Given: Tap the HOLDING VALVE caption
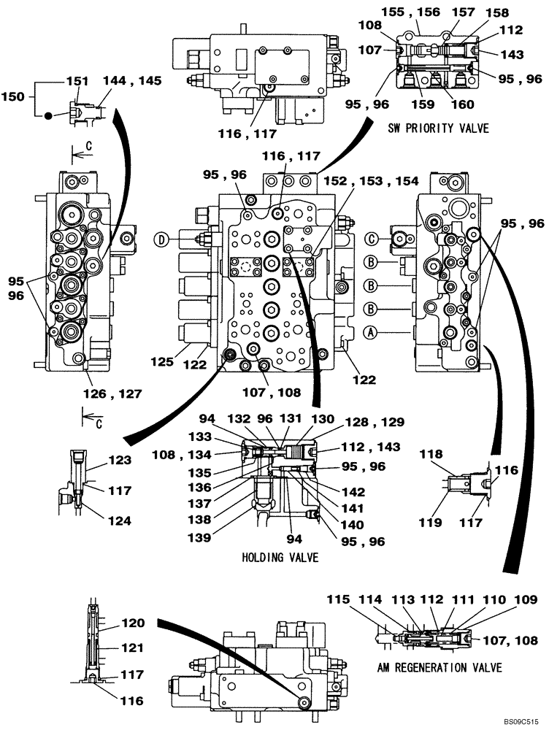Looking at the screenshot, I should coord(283,557).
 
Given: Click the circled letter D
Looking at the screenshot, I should coord(161,239).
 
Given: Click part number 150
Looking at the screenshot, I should coord(14,96).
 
